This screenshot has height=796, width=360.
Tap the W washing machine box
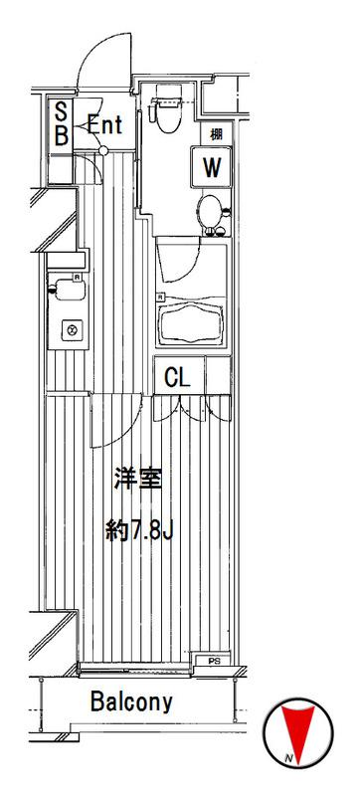(211, 166)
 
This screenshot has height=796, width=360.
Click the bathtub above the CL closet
(193, 321)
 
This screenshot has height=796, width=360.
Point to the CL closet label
(177, 377)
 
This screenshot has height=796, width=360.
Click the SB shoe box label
(60, 125)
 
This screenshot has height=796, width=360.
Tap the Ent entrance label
(104, 125)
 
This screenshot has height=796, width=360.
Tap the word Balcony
(132, 701)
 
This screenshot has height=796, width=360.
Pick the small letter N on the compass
(287, 760)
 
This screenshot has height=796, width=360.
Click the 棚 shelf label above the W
(215, 133)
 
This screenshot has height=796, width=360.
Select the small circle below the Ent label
(103, 151)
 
